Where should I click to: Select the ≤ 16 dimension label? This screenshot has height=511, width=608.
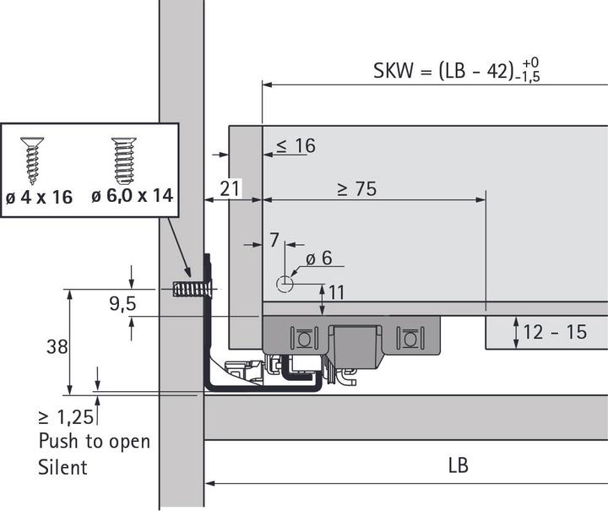click(294, 146)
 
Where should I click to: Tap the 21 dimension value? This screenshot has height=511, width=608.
click(230, 189)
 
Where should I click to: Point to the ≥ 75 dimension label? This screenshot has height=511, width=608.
click(356, 189)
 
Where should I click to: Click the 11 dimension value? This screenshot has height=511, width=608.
click(336, 293)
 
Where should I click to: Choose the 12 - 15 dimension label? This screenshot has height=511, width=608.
click(555, 332)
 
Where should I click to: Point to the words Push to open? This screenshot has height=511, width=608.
click(94, 441)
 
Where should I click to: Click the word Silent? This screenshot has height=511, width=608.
click(63, 466)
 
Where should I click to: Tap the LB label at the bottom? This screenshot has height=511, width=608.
click(457, 465)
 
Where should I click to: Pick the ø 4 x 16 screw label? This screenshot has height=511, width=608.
click(39, 197)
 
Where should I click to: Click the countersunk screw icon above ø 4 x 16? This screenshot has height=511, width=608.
click(32, 160)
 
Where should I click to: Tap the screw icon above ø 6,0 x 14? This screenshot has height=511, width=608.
click(123, 160)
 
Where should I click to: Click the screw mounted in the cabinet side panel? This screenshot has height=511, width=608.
click(190, 289)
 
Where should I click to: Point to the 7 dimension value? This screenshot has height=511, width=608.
click(274, 241)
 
